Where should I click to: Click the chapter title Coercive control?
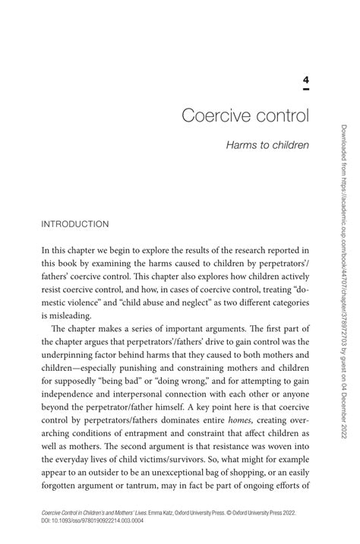coord(245,118)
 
